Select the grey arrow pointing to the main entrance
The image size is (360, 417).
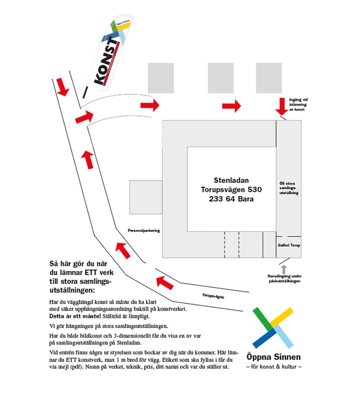point(284,269)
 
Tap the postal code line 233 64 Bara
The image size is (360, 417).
point(231,199)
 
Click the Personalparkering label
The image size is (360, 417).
point(144,230)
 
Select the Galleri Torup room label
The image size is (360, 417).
point(289,246)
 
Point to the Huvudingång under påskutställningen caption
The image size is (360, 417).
point(285,279)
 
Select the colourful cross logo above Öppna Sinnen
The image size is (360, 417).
point(273,327)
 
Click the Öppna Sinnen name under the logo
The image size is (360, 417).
point(274,357)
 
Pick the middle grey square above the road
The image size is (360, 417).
point(221,78)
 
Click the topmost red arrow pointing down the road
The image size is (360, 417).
point(62,87)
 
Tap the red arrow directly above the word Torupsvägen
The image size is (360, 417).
point(166,282)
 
